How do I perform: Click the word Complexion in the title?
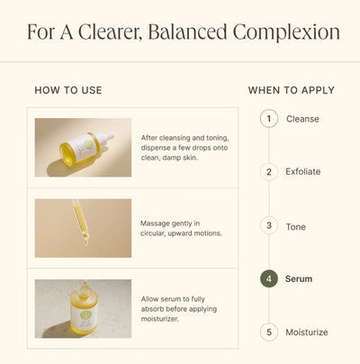pos(286,32)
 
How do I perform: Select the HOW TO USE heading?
pos(68,90)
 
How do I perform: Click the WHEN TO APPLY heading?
pos(291,90)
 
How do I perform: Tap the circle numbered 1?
pos(268,118)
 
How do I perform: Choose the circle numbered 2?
pos(268,171)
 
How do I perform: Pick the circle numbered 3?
pos(268,225)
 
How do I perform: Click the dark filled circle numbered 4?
pos(268,278)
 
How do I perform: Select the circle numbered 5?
pos(268,332)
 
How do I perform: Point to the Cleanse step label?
pos(302,119)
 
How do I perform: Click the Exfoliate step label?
pos(303,171)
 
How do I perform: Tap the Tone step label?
pos(296,226)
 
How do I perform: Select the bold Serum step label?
pos(299,279)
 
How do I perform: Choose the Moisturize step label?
pos(307,332)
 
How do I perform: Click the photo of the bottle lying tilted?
pos(83,147)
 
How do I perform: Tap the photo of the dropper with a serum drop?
pos(83,228)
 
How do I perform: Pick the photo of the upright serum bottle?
pos(83,308)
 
